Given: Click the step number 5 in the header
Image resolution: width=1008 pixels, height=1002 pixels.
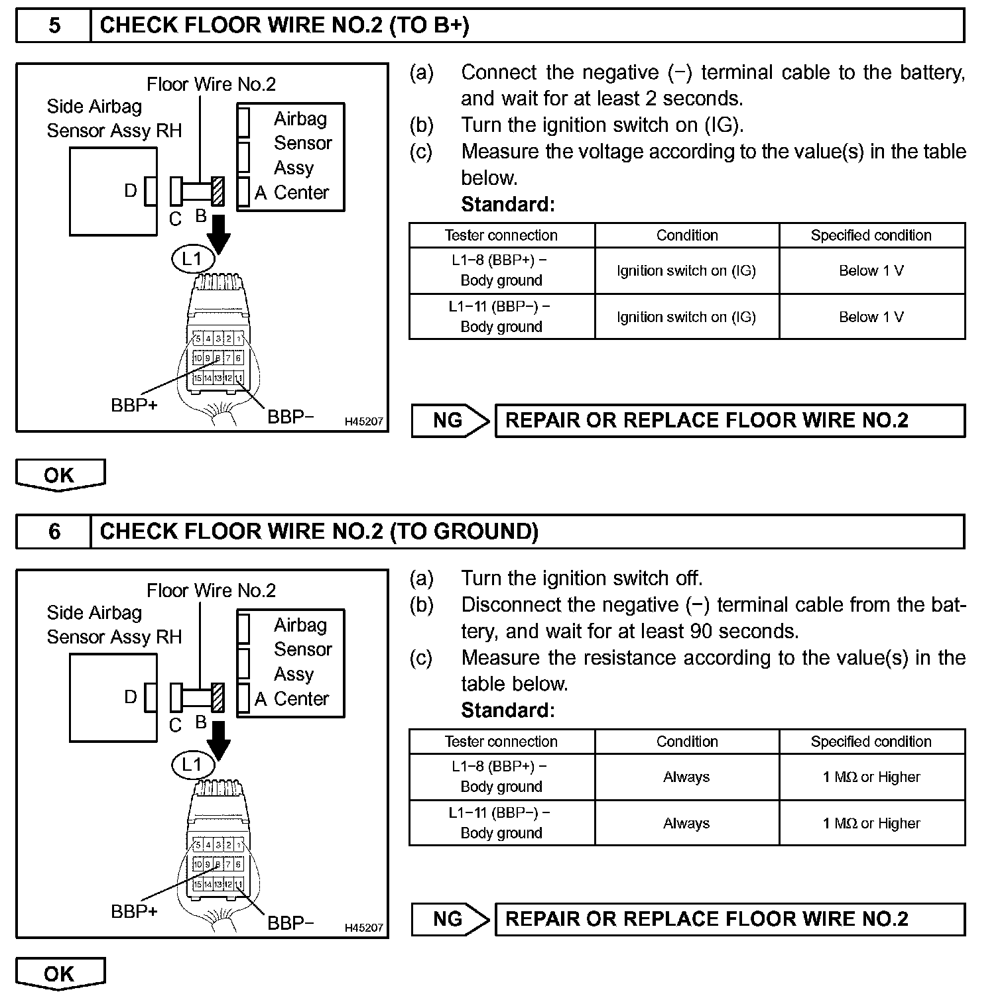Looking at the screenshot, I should coord(54,26).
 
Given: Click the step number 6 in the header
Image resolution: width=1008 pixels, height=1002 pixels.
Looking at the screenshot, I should coord(54,531).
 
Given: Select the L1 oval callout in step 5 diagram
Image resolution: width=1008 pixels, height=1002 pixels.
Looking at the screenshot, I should coord(192,258).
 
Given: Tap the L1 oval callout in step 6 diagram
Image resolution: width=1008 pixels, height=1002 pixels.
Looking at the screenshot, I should coord(192,765).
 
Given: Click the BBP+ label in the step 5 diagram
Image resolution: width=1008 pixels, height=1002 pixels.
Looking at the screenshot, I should coord(134,405).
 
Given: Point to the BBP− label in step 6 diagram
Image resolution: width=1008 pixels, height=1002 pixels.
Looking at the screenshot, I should coord(290,922).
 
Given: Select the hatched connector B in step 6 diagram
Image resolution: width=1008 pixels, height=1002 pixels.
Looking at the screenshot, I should coord(218,698).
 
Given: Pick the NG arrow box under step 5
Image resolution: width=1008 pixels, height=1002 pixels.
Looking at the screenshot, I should coord(450,421).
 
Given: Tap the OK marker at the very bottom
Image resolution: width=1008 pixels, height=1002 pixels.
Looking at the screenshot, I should coord(60,974).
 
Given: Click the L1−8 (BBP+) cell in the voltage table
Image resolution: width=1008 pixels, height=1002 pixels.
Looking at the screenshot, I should coord(501,270).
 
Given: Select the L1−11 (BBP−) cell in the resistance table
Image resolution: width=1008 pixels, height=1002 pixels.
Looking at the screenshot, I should coord(501,822).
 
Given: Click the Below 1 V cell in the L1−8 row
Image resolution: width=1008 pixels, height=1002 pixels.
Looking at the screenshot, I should coord(871,270).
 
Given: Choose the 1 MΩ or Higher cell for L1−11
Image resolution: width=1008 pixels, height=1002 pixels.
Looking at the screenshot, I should coord(871,823).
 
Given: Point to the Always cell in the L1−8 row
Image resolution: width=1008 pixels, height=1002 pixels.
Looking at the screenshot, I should coord(686,777).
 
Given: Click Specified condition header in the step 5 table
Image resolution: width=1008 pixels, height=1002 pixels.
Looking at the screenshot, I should coord(871,235).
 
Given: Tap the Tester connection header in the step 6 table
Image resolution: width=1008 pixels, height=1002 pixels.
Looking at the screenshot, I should coord(501,742).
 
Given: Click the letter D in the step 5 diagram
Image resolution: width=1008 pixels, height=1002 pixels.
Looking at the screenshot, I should coord(131,191).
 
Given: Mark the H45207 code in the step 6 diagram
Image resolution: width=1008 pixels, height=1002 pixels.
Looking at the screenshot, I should coord(364,928).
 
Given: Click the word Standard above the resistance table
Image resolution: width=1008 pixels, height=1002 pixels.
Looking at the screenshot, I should coord(508,710).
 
